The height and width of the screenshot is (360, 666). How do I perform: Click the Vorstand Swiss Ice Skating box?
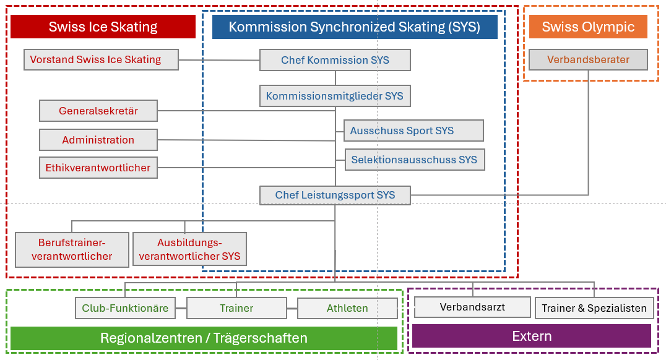[101, 59]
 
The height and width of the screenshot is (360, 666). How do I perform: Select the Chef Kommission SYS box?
[335, 60]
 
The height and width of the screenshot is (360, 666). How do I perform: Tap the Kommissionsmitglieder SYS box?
[335, 96]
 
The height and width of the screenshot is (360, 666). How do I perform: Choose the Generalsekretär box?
[98, 111]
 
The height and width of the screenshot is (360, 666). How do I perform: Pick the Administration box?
[98, 140]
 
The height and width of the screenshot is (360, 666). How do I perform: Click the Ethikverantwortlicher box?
[98, 168]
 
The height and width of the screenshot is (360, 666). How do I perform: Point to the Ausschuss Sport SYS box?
[413, 131]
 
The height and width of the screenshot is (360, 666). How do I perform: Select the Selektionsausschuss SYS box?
[415, 160]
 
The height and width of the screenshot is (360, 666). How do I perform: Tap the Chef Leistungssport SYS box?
[335, 195]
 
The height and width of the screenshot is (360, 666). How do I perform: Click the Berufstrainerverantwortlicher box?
[72, 250]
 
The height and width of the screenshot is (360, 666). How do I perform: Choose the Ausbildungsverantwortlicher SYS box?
[189, 249]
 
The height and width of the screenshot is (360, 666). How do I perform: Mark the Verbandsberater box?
[588, 59]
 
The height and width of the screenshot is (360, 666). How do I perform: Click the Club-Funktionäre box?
[125, 308]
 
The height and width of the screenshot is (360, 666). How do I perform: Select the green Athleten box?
[347, 308]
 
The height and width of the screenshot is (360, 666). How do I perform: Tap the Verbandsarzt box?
[472, 307]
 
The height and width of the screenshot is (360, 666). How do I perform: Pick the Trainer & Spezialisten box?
[594, 308]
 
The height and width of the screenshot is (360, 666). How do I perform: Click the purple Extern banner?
[532, 336]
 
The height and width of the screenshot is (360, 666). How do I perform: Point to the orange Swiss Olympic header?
[588, 27]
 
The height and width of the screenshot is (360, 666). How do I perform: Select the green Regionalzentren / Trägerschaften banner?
[204, 338]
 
